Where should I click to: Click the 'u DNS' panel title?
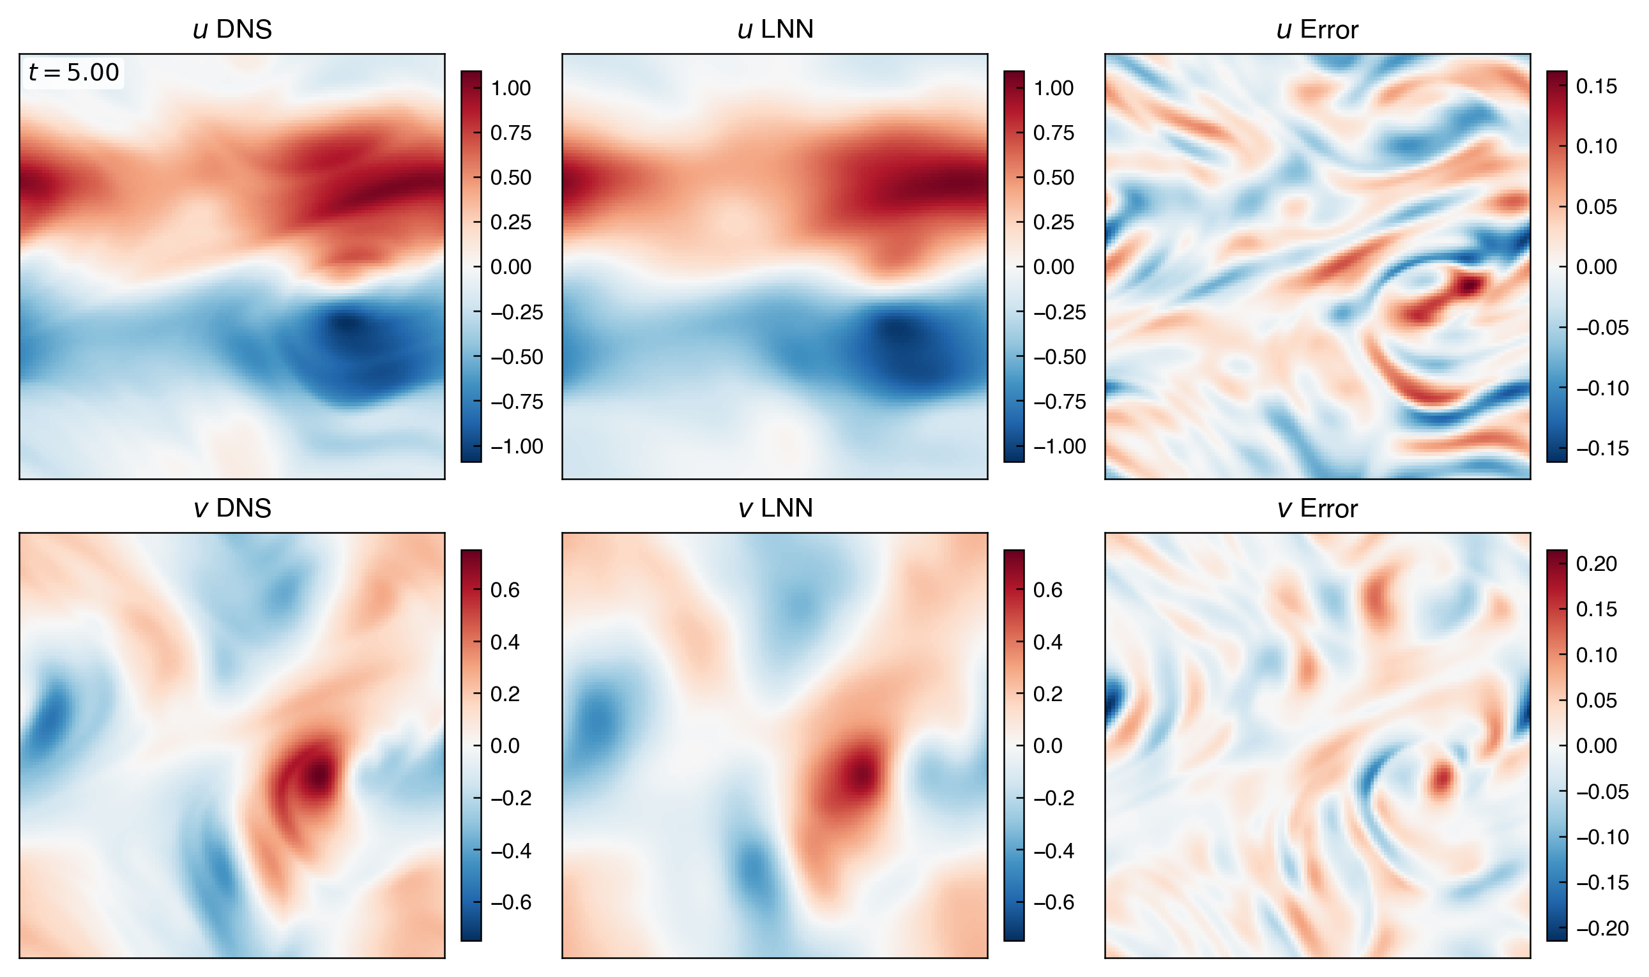point(232,29)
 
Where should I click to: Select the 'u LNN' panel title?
point(775,29)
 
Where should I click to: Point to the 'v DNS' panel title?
point(232,508)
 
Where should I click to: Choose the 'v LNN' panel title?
point(775,508)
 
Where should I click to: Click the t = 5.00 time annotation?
point(73,72)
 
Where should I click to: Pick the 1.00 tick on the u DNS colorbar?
point(510,88)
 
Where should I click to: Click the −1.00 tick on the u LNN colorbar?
point(1059,446)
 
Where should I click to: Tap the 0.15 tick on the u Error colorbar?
point(1596,86)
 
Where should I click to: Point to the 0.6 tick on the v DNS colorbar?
point(505,590)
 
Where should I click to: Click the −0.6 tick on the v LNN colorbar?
point(1053,902)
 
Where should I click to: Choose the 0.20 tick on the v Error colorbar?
point(1596,564)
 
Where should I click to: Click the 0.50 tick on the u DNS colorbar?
point(510,178)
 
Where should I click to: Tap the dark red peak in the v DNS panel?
point(319,776)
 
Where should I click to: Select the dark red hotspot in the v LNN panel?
point(860,776)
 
